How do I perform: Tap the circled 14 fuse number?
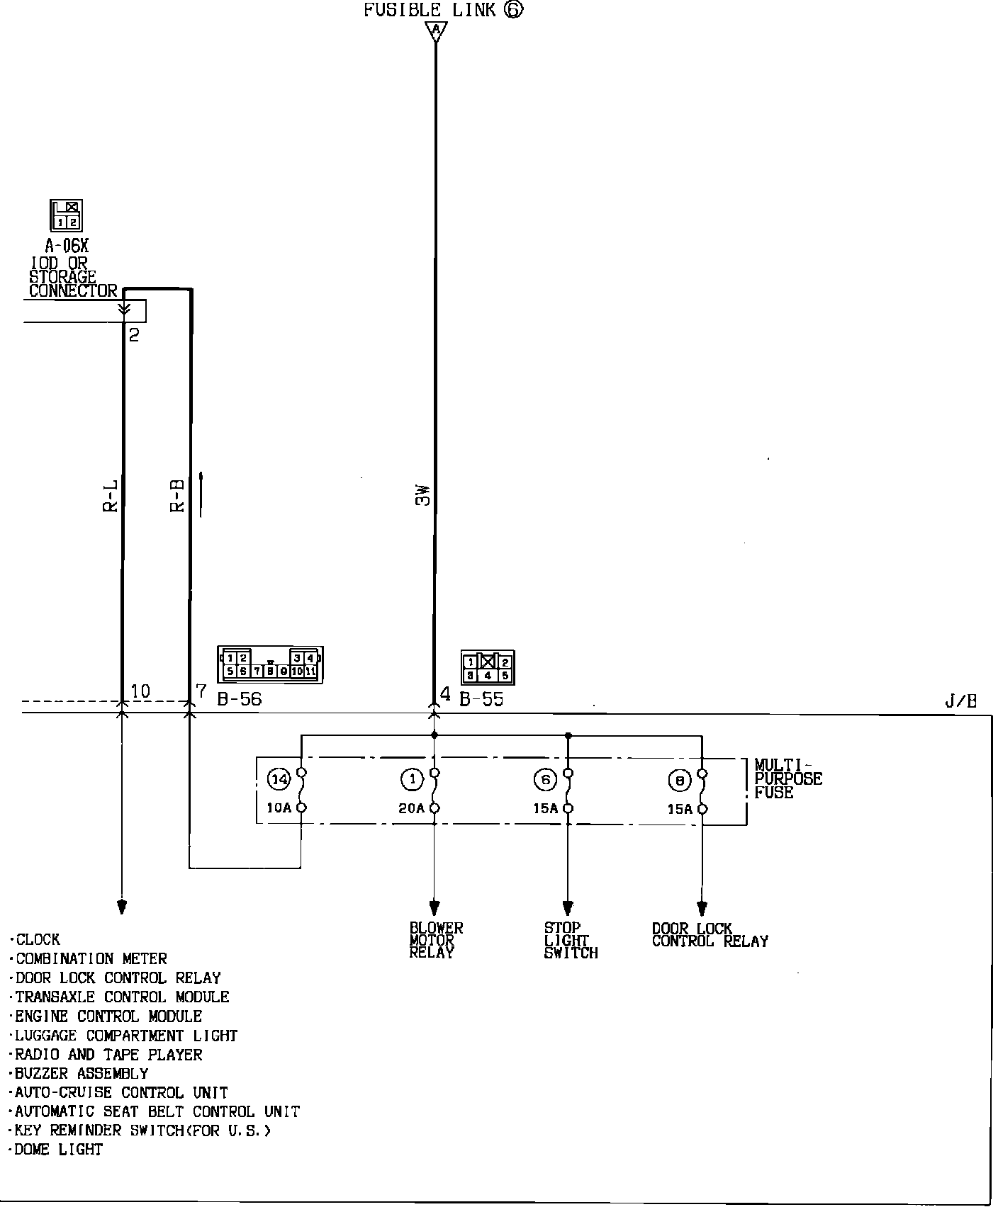(x=279, y=780)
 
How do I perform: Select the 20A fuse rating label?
(x=411, y=808)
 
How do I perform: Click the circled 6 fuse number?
(x=544, y=780)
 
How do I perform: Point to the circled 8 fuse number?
(x=679, y=781)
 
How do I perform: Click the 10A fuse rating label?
(x=279, y=808)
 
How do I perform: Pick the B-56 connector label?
(x=240, y=699)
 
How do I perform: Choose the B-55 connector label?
(x=481, y=699)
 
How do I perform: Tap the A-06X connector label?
(x=67, y=246)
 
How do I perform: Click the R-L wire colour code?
(x=111, y=496)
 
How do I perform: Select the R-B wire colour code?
(x=177, y=496)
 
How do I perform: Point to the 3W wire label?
(x=423, y=495)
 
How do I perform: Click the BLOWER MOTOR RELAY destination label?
(x=436, y=940)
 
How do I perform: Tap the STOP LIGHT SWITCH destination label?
(x=571, y=940)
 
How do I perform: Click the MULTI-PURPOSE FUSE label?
(x=787, y=778)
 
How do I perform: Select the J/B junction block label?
(x=960, y=701)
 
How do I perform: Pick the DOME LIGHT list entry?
(x=59, y=1149)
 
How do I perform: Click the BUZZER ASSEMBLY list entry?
(x=82, y=1073)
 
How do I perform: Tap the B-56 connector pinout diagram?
(x=271, y=664)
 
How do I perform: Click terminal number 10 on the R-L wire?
(x=140, y=691)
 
